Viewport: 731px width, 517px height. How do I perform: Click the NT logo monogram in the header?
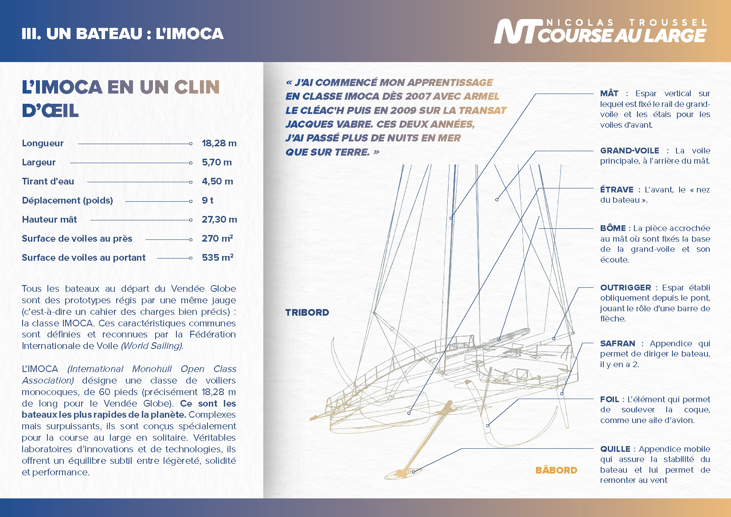pos(516,32)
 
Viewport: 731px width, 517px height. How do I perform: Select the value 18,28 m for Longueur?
pos(219,143)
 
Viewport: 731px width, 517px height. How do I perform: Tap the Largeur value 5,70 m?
pos(217,162)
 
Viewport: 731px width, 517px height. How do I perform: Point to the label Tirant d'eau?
pos(48,181)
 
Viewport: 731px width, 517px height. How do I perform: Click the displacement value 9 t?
pos(207,200)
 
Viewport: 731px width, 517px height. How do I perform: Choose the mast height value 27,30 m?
pos(219,219)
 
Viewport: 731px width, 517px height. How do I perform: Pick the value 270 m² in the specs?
pos(217,239)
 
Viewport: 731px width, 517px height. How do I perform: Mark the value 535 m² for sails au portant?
pos(218,258)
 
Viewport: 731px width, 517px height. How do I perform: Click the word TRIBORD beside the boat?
pos(307,313)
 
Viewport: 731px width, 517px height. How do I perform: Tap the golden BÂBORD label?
pos(556,470)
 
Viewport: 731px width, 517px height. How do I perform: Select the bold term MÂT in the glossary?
pos(610,94)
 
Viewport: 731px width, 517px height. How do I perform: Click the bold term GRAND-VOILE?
pos(629,151)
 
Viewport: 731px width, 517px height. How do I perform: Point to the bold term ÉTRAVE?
pos(617,190)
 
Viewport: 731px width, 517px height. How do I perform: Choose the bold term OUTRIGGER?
pos(625,288)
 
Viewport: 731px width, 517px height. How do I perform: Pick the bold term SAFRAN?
pos(618,344)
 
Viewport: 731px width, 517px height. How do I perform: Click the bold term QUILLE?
pos(615,449)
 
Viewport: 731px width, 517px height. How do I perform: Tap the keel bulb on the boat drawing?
pos(401,474)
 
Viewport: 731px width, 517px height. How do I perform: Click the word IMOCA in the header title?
pos(195,34)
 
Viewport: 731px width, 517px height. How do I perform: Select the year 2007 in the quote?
pos(418,97)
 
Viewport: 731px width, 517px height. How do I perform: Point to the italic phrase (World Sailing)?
pos(152,346)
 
